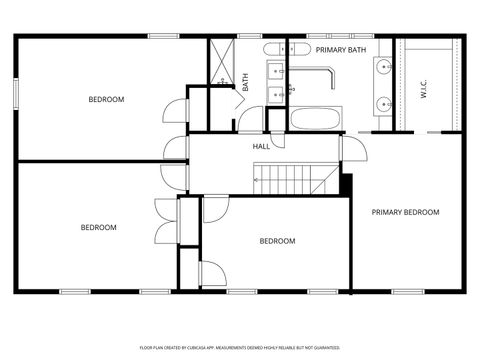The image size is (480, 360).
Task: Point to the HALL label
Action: point(261,147)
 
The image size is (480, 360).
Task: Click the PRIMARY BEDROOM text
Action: point(405,212)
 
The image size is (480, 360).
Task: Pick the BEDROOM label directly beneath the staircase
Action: point(277,241)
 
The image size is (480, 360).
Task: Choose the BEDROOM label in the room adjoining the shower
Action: point(105,99)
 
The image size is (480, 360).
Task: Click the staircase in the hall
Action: point(286,180)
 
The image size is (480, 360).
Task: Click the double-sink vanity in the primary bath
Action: point(385,84)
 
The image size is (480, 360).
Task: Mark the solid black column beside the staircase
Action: point(347,185)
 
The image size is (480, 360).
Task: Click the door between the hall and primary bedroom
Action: point(351,145)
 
